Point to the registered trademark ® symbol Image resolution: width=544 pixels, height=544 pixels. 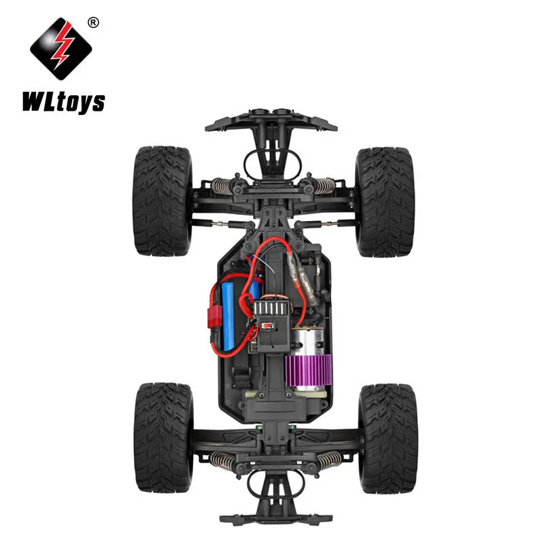tap(93, 22)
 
